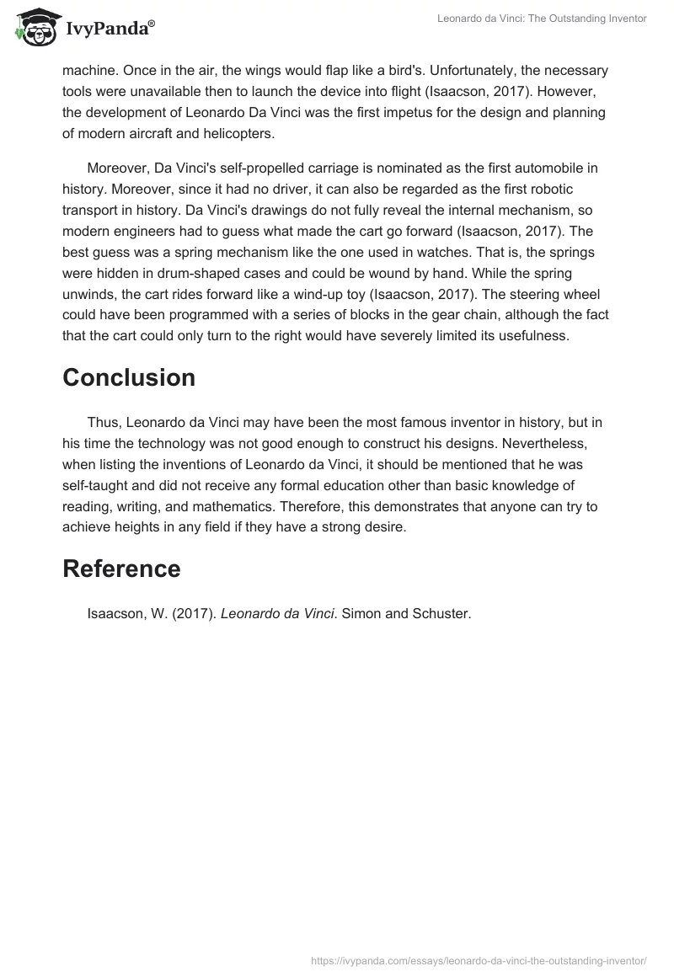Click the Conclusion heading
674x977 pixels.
pos(129,377)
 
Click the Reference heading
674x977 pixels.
pos(121,569)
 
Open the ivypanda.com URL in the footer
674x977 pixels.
pos(479,960)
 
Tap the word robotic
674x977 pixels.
pos(549,189)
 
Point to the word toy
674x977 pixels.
pos(350,294)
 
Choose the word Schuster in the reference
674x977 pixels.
pos(441,614)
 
